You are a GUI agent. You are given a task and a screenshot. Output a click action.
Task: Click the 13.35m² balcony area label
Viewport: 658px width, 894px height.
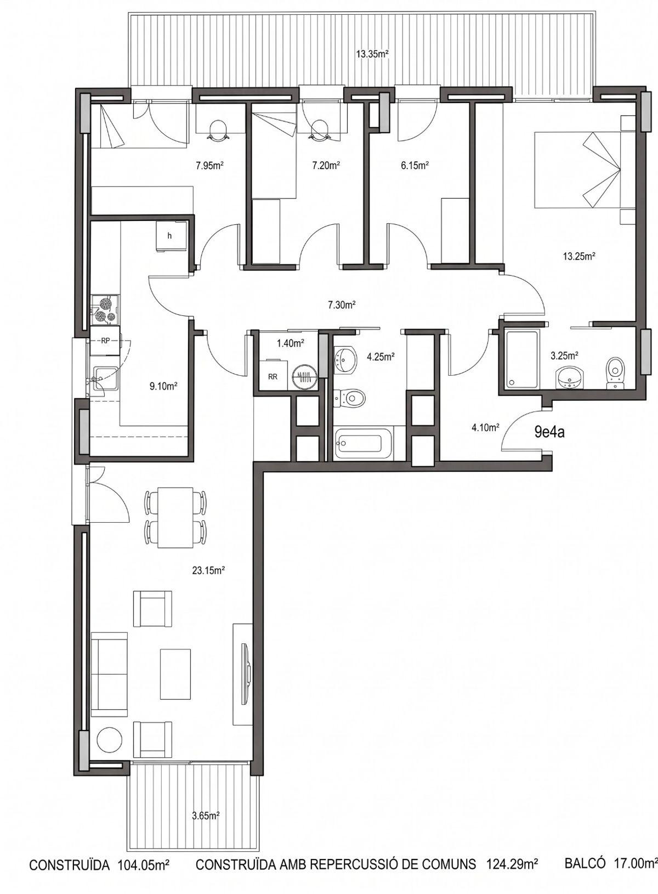coord(372,54)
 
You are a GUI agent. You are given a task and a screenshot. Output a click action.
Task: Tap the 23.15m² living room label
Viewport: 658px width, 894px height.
coord(208,571)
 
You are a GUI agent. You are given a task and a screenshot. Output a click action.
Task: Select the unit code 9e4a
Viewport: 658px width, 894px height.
coord(549,432)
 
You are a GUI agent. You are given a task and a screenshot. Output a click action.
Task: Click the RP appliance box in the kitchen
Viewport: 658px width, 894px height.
coord(105,341)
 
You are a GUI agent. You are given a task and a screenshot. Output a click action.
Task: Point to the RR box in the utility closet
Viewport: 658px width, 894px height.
coord(273,376)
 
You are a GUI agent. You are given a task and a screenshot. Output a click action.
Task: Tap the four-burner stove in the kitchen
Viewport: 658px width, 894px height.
coord(105,309)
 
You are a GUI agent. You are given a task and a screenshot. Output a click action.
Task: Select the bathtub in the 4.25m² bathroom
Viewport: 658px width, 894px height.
coord(364,443)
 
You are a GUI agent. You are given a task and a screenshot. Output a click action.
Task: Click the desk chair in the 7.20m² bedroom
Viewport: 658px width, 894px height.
coord(319,130)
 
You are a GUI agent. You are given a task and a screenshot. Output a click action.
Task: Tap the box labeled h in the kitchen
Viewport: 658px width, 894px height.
coord(171,236)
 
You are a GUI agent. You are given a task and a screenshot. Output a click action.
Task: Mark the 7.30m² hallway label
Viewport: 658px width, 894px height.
coord(342,305)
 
